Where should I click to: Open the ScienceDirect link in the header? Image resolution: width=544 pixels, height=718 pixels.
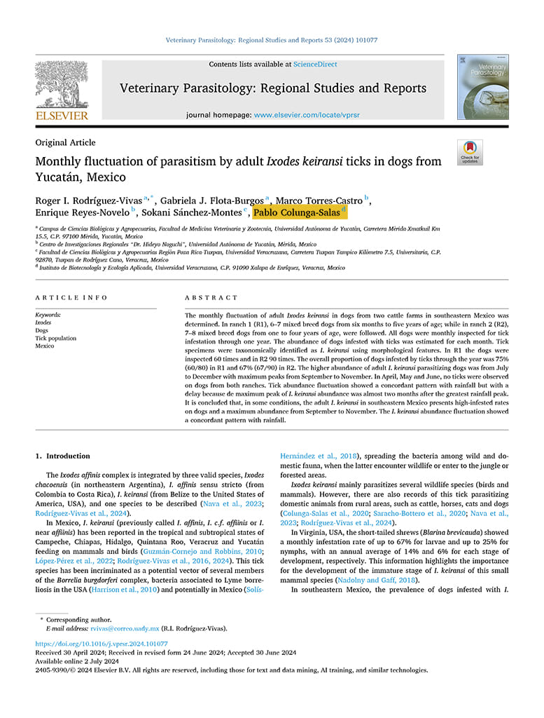pos(315,65)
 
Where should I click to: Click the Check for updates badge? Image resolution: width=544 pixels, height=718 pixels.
pos(470,152)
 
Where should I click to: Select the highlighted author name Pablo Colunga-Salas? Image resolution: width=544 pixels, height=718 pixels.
pos(297,212)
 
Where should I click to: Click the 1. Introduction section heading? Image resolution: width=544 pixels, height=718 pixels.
pos(63,456)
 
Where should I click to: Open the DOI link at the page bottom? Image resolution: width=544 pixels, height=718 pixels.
pos(102,643)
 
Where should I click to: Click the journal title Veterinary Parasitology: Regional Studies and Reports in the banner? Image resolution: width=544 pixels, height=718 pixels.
pos(273,88)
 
